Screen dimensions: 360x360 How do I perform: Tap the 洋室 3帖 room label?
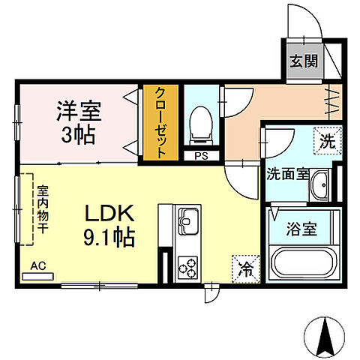[78, 124]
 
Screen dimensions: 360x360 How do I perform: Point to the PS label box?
[200, 156]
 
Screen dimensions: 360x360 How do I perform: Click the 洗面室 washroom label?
[287, 174]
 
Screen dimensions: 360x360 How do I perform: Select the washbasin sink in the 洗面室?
[321, 184]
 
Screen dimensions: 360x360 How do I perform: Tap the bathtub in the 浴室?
[304, 264]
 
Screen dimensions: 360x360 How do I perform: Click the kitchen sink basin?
[187, 223]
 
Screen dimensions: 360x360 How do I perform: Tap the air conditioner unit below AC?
[38, 276]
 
